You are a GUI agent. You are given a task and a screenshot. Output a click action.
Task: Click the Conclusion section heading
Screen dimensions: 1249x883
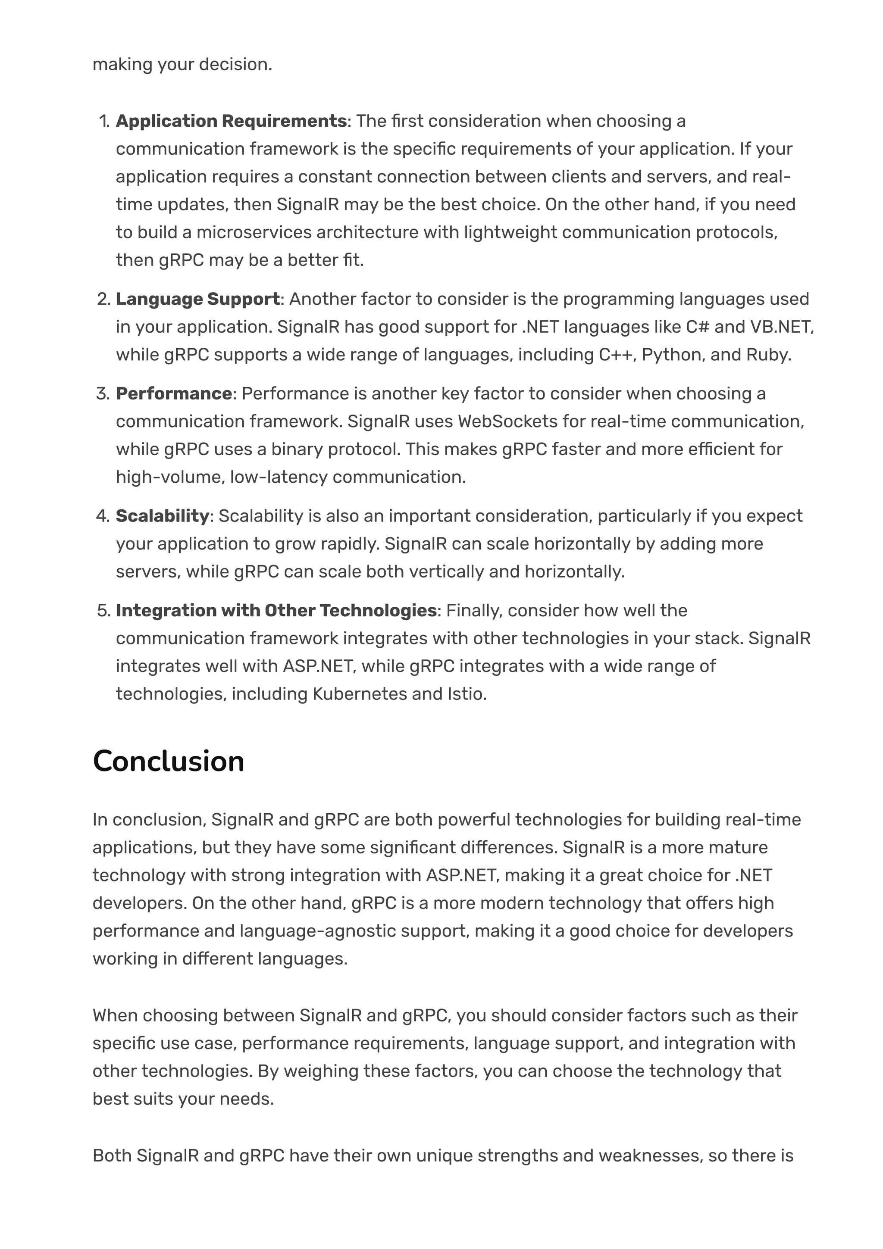[169, 761]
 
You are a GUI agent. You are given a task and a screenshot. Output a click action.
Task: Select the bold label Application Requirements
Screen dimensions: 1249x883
[231, 121]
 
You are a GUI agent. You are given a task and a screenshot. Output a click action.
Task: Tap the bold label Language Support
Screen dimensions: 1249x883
[197, 299]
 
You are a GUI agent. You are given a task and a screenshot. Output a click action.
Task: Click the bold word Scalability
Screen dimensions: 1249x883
[162, 516]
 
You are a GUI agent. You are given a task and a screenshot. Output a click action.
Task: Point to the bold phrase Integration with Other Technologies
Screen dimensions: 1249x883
[276, 610]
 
